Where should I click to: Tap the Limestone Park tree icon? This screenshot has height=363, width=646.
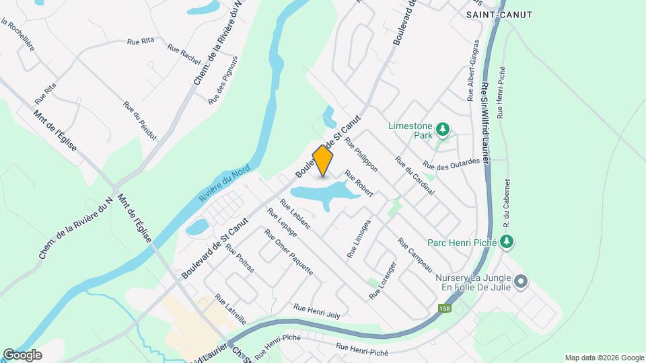click(442, 128)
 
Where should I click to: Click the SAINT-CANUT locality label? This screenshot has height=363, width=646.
click(499, 15)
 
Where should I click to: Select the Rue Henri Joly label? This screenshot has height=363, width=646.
click(317, 311)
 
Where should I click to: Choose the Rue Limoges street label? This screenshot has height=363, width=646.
click(359, 239)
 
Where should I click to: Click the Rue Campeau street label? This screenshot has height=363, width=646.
click(415, 255)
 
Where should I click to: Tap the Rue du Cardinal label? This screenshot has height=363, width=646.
click(415, 176)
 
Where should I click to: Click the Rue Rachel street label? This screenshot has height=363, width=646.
click(183, 54)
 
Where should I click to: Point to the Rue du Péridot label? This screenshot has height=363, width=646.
click(140, 121)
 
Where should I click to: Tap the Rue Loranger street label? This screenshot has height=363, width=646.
click(384, 280)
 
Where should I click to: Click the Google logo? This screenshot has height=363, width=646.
click(22, 355)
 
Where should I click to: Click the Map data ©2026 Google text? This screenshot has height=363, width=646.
click(604, 358)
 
